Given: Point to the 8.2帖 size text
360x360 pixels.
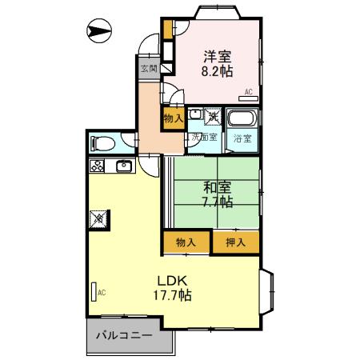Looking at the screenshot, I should [x=217, y=70].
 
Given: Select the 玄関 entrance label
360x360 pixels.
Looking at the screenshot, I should [x=149, y=69].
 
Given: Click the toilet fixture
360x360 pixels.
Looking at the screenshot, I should [x=102, y=144].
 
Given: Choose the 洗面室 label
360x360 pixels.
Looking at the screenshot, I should [x=202, y=137].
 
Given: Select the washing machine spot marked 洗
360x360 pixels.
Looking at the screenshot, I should [x=214, y=118].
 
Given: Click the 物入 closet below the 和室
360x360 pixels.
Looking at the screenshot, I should [x=186, y=241].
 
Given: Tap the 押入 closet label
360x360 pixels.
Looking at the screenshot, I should [x=235, y=241].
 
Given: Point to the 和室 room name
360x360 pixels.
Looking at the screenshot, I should [x=217, y=187].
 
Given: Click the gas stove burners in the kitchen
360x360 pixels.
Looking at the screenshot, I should [x=98, y=166].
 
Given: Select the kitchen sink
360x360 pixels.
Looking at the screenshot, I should [x=124, y=166].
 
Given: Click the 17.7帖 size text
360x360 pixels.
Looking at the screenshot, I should [x=174, y=295].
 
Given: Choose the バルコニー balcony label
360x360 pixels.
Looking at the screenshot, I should [x=125, y=337].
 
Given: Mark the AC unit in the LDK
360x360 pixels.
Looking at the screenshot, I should [x=95, y=292].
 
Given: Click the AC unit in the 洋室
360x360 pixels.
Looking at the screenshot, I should [x=247, y=92].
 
